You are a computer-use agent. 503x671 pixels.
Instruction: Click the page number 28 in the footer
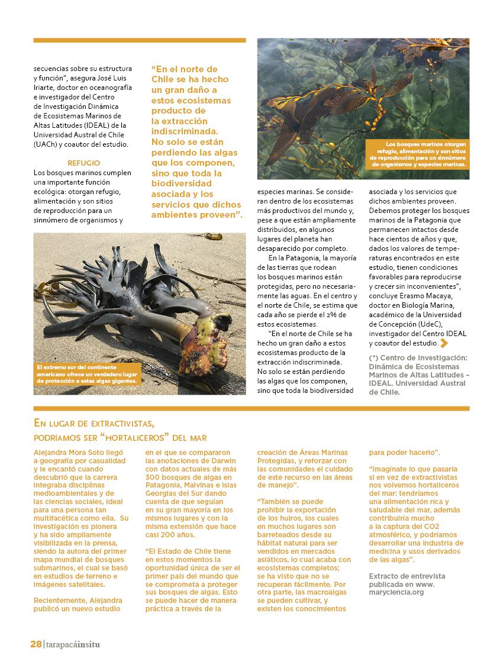36,644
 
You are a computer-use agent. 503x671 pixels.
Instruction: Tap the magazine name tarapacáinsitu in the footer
73,644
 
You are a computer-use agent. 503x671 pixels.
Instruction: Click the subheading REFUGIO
84,162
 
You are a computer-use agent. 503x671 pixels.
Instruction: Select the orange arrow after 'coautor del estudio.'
444,343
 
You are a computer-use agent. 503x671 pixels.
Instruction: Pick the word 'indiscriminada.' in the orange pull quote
185,131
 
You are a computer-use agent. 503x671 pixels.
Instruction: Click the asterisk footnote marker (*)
373,359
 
